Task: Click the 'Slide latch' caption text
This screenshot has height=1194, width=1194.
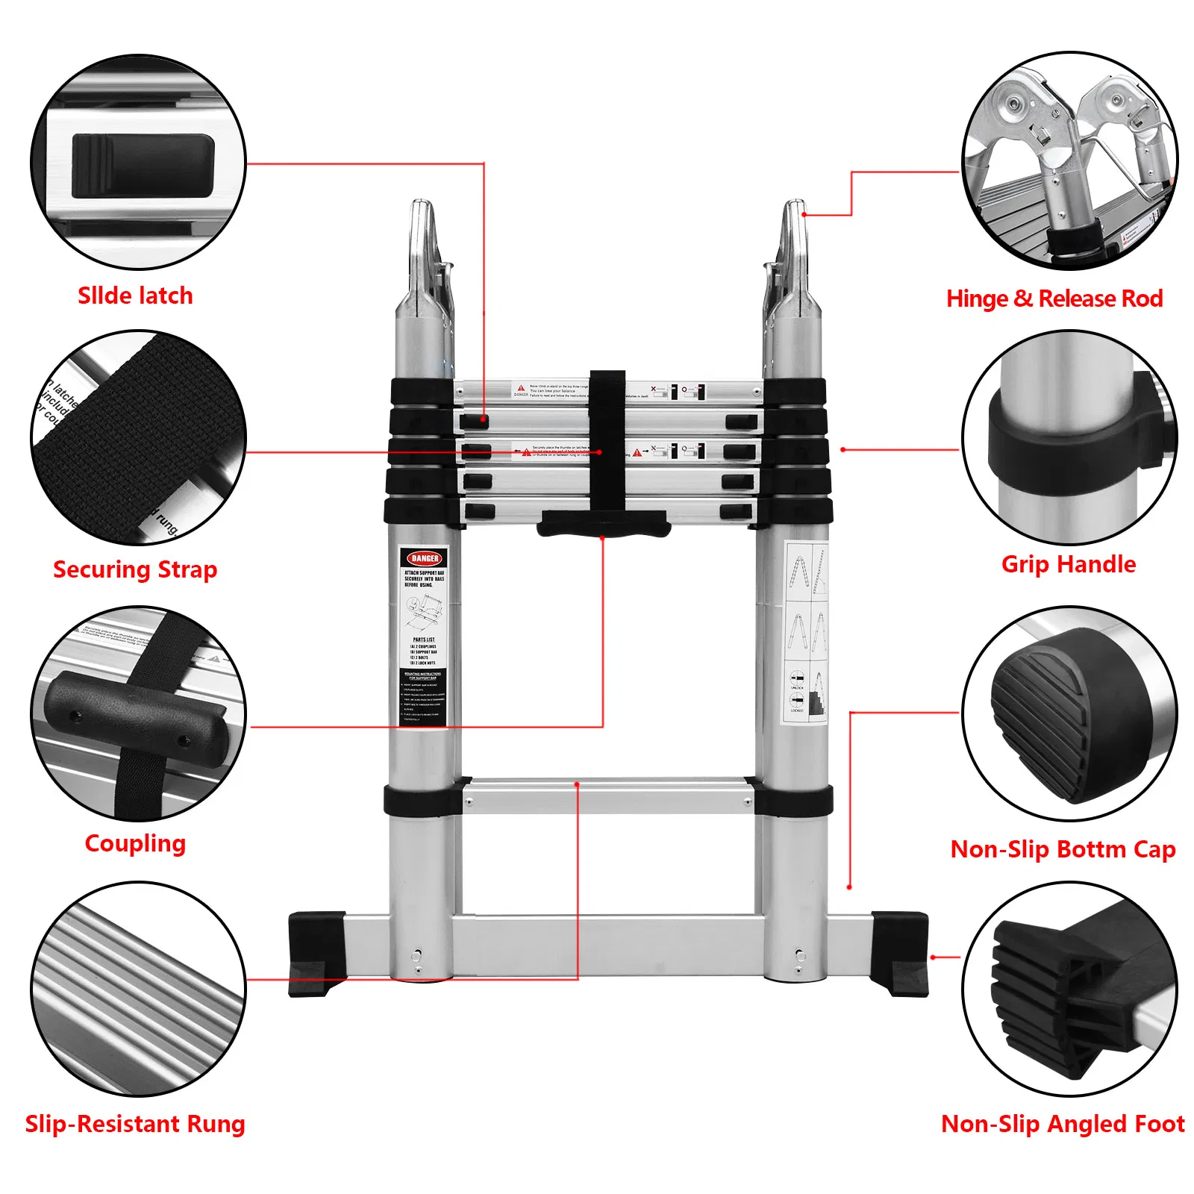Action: [x=135, y=296]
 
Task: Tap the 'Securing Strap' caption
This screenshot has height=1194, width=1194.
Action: [x=135, y=569]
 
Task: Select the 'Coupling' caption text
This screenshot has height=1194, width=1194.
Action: [x=135, y=843]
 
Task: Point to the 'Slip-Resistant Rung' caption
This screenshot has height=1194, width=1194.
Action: [x=135, y=1123]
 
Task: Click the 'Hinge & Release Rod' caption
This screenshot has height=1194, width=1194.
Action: [x=1054, y=298]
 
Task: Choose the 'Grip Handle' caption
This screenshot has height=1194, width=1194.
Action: [x=1068, y=564]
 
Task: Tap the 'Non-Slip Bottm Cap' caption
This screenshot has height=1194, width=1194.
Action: [x=1063, y=849]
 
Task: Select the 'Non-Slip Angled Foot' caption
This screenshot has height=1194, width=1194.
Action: [x=1063, y=1123]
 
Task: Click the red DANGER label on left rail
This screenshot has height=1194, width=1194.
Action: [x=424, y=558]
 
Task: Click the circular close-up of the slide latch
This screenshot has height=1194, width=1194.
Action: [x=138, y=161]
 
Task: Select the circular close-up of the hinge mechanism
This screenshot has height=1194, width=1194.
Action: [x=1069, y=160]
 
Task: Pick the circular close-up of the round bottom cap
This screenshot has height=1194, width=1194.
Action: [x=1069, y=713]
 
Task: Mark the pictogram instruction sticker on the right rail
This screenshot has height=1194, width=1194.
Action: [x=807, y=631]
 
